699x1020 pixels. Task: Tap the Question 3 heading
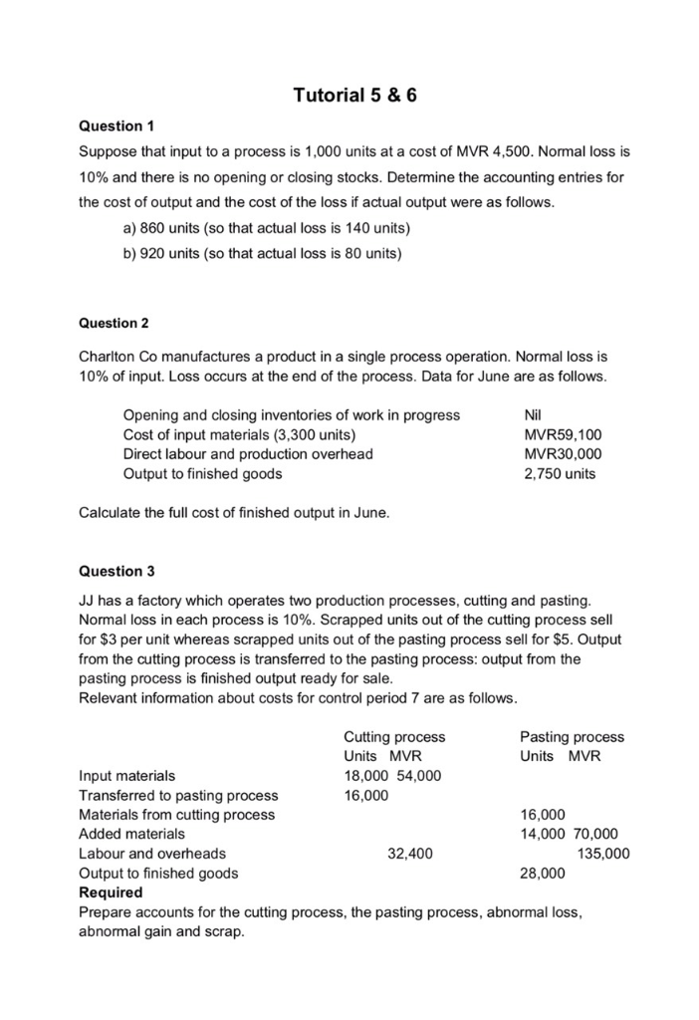[x=116, y=571]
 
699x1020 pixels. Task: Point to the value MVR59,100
[x=563, y=434]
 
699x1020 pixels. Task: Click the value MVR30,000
[x=563, y=454]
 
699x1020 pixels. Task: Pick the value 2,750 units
[x=560, y=474]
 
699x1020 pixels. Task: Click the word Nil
[x=534, y=414]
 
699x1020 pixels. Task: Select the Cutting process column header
[x=394, y=737]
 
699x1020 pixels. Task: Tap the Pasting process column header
[x=572, y=737]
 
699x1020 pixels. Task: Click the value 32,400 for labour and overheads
[x=409, y=854]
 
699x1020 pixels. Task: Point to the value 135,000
[x=603, y=854]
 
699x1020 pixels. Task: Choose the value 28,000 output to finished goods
[x=543, y=874]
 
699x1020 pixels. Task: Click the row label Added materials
[x=131, y=834]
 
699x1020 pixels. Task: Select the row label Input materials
[x=126, y=776]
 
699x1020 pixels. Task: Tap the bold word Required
[x=111, y=892]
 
